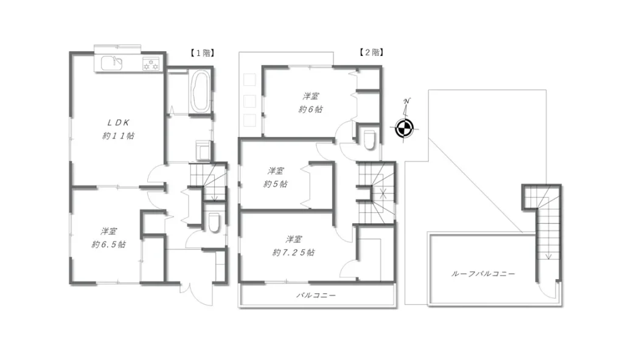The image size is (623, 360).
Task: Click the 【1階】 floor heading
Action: pyautogui.click(x=202, y=53)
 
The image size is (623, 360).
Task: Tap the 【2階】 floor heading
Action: pyautogui.click(x=371, y=52)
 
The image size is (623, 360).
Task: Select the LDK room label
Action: pyautogui.click(x=118, y=123)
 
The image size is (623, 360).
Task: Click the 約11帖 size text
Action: pyautogui.click(x=118, y=136)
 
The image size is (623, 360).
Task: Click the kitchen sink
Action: pyautogui.click(x=111, y=63)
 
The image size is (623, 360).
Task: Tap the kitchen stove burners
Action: pyautogui.click(x=151, y=64)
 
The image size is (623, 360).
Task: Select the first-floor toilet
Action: pyautogui.click(x=214, y=222)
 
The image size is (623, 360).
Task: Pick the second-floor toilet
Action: pyautogui.click(x=369, y=139)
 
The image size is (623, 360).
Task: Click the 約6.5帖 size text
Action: pyautogui.click(x=108, y=244)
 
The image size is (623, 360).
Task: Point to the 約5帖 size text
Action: pyautogui.click(x=276, y=184)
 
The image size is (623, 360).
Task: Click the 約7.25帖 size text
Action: pyautogui.click(x=293, y=252)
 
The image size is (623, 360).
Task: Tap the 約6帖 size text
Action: pyautogui.click(x=310, y=109)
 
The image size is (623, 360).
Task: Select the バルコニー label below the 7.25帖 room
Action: pyautogui.click(x=316, y=296)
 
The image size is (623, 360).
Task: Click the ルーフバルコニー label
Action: pyautogui.click(x=483, y=274)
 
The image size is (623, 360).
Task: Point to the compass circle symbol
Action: pyautogui.click(x=405, y=128)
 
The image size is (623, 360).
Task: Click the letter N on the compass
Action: pyautogui.click(x=406, y=102)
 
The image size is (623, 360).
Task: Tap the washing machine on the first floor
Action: pyautogui.click(x=203, y=150)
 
